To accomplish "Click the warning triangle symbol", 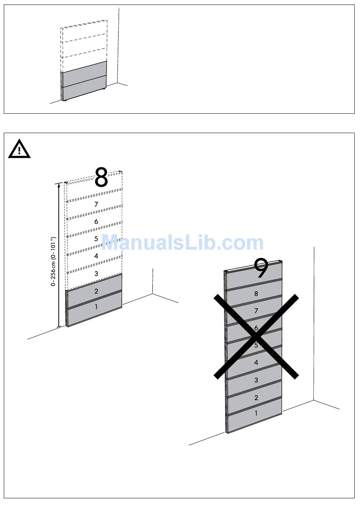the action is [19, 149].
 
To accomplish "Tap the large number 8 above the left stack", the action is [101, 177].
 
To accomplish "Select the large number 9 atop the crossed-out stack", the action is [261, 268].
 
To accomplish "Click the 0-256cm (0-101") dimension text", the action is [53, 261].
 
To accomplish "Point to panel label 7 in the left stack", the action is [96, 204].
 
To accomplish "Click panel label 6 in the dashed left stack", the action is [96, 221].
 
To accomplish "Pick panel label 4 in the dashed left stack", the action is [96, 256].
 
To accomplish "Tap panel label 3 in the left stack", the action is [96, 273].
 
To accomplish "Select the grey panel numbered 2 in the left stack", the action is [94, 291].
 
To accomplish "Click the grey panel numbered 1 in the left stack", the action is [94, 308].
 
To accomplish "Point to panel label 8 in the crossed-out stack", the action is [256, 294].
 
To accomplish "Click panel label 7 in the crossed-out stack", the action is [256, 311].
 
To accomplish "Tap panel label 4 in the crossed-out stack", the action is [256, 363].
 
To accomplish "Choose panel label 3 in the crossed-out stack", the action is [256, 380].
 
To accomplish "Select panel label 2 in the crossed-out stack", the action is [256, 398].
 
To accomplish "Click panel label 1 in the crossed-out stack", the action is [256, 413].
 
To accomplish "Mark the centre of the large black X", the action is [256, 336].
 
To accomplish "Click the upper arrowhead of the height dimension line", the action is [59, 185].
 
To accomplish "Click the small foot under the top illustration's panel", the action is [65, 100].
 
